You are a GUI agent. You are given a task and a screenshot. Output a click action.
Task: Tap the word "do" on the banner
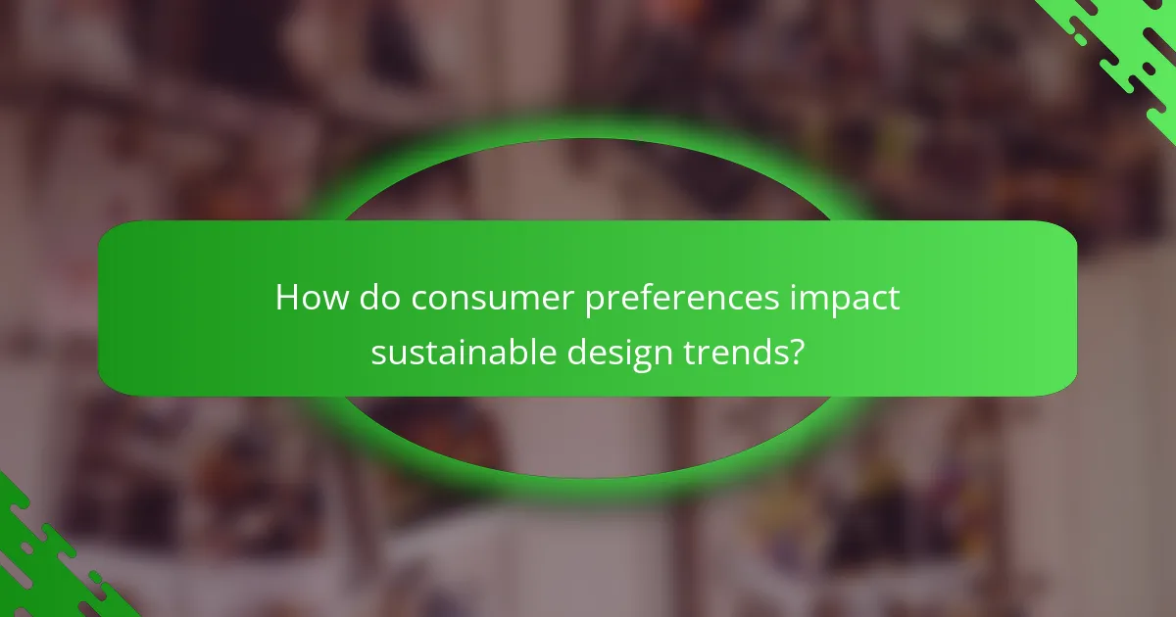tap(376, 298)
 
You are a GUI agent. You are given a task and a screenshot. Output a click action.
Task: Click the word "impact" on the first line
tap(848, 298)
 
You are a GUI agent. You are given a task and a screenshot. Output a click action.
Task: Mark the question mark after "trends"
tap(797, 351)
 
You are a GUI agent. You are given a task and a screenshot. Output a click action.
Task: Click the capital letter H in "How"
tap(286, 298)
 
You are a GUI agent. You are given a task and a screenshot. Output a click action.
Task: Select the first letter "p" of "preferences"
tap(598, 302)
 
